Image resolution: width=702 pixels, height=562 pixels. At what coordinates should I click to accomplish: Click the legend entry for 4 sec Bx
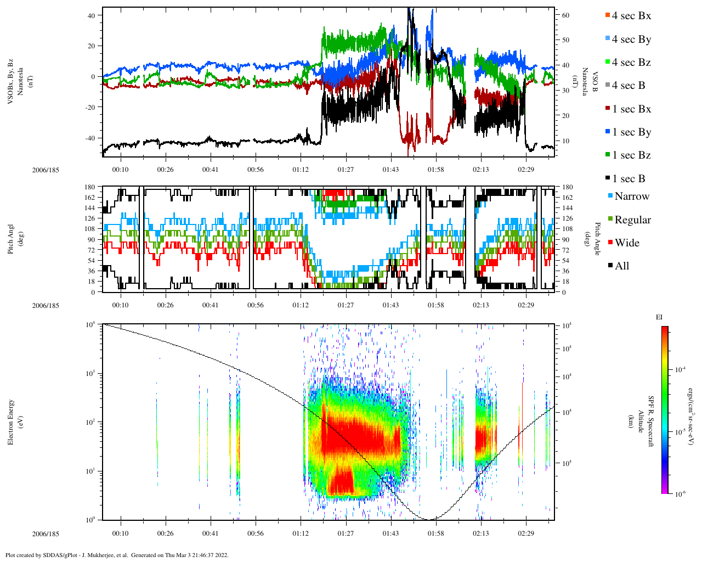point(631,16)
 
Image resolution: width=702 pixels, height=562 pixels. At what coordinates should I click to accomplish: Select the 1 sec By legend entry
point(631,132)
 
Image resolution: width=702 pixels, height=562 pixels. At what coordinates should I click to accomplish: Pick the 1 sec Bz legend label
point(631,155)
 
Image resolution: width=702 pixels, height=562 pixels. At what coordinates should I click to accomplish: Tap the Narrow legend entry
point(631,196)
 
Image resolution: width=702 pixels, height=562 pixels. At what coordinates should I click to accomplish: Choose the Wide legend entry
point(626,243)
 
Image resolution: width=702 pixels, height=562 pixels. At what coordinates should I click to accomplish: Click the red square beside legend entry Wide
point(610,243)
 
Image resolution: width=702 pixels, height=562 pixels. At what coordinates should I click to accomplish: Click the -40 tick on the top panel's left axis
point(91,138)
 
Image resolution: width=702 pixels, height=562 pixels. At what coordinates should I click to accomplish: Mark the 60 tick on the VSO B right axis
point(566,15)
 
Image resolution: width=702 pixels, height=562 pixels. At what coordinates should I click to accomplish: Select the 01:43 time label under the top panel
point(390,170)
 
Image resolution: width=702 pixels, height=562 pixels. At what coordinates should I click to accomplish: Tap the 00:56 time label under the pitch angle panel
point(255,306)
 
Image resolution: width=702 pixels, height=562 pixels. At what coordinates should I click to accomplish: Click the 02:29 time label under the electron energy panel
point(525,533)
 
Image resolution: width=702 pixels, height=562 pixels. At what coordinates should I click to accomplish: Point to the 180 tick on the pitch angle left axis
point(90,187)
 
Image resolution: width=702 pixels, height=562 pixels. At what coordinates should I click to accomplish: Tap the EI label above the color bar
point(659,317)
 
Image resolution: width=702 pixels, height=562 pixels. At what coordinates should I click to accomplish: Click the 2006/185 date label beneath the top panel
point(46,170)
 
